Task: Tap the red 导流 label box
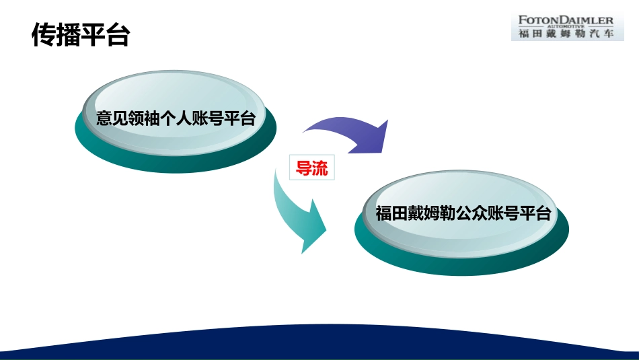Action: click(x=312, y=168)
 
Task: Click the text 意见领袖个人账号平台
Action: click(x=176, y=120)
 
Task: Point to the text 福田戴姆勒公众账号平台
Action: click(x=463, y=214)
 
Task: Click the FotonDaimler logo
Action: click(x=567, y=27)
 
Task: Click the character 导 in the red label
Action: click(x=304, y=168)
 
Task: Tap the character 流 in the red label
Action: click(x=320, y=168)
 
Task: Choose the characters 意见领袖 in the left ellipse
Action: click(x=128, y=120)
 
